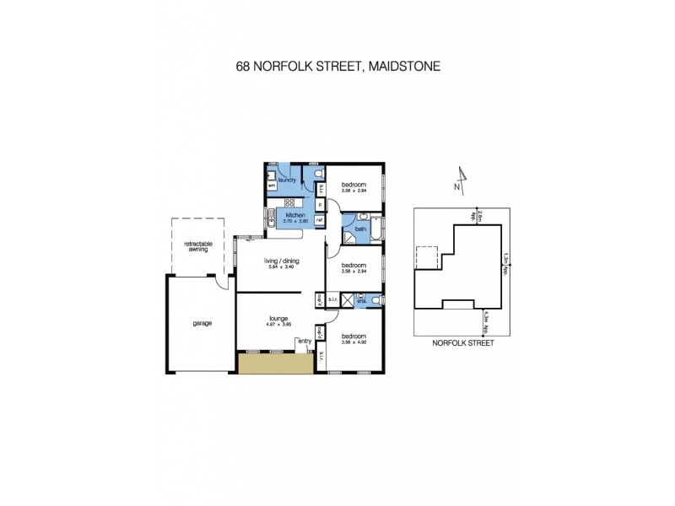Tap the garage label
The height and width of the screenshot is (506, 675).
pyautogui.click(x=201, y=323)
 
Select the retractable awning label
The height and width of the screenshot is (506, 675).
pyautogui.click(x=199, y=247)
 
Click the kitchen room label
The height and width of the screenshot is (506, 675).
pyautogui.click(x=294, y=215)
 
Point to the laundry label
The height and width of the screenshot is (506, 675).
pyautogui.click(x=284, y=179)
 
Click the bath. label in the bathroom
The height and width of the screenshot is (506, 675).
pyautogui.click(x=359, y=229)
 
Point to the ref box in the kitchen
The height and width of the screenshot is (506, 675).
pyautogui.click(x=320, y=221)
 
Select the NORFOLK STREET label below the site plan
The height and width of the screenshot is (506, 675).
pyautogui.click(x=462, y=343)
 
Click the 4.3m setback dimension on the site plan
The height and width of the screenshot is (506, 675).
pyautogui.click(x=486, y=321)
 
